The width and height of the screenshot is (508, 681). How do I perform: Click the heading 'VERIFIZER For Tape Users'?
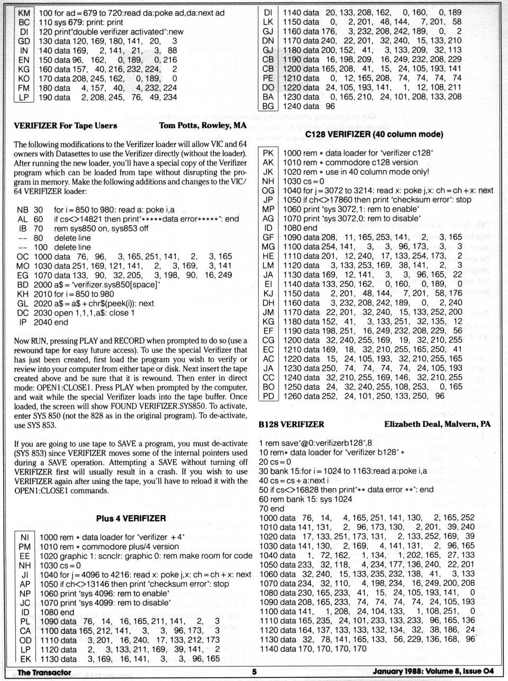point(66,126)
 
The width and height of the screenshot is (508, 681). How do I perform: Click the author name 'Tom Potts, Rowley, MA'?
point(203,126)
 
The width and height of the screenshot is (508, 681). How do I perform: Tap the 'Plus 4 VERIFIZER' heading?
point(131,518)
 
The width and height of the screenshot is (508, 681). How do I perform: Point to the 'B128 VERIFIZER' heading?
point(292,424)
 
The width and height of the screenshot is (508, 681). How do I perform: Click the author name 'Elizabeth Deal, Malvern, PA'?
point(437,424)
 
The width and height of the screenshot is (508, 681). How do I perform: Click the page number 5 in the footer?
point(254,671)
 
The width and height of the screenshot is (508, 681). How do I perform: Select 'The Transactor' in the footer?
point(44,672)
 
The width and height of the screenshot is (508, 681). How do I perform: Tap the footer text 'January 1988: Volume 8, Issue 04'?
point(433,671)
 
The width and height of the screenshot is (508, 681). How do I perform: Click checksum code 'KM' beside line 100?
point(24,13)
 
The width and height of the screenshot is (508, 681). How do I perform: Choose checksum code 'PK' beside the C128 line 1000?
point(268,153)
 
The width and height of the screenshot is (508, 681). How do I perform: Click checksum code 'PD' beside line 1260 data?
point(268,396)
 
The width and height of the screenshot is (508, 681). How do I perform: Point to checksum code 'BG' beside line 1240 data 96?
point(268,106)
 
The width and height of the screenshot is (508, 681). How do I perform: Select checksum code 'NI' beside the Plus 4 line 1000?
point(24,537)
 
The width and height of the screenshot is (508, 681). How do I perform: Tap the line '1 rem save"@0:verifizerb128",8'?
point(315,443)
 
